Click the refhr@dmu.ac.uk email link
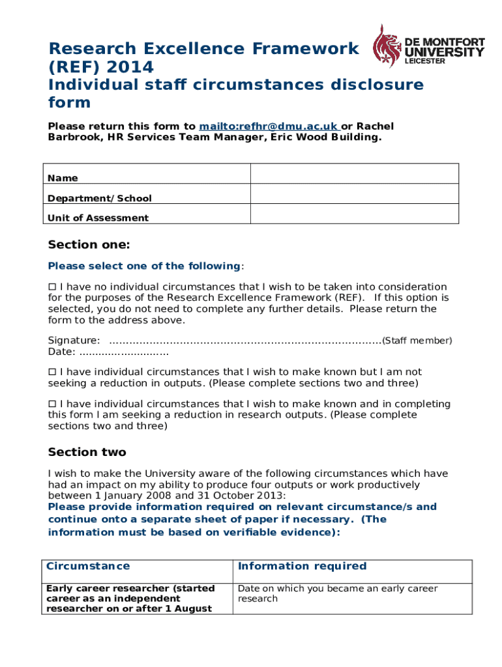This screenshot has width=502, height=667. pyautogui.click(x=268, y=126)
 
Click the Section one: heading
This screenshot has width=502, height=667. pyautogui.click(x=89, y=245)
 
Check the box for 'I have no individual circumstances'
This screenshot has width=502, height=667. pyautogui.click(x=53, y=287)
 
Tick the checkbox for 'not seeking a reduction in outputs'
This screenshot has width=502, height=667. pyautogui.click(x=53, y=373)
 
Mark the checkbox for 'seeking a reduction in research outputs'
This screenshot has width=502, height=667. pyautogui.click(x=53, y=404)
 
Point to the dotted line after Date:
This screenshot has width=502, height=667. pyautogui.click(x=123, y=352)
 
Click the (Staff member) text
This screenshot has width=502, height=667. pyautogui.click(x=417, y=341)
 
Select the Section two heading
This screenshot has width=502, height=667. pyautogui.click(x=87, y=452)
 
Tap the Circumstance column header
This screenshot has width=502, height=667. pyautogui.click(x=88, y=567)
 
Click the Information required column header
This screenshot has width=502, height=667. pyautogui.click(x=303, y=567)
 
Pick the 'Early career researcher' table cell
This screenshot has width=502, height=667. pyautogui.click(x=130, y=598)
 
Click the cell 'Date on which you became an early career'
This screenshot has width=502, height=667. pyautogui.click(x=338, y=593)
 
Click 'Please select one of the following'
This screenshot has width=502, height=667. pyautogui.click(x=144, y=266)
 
